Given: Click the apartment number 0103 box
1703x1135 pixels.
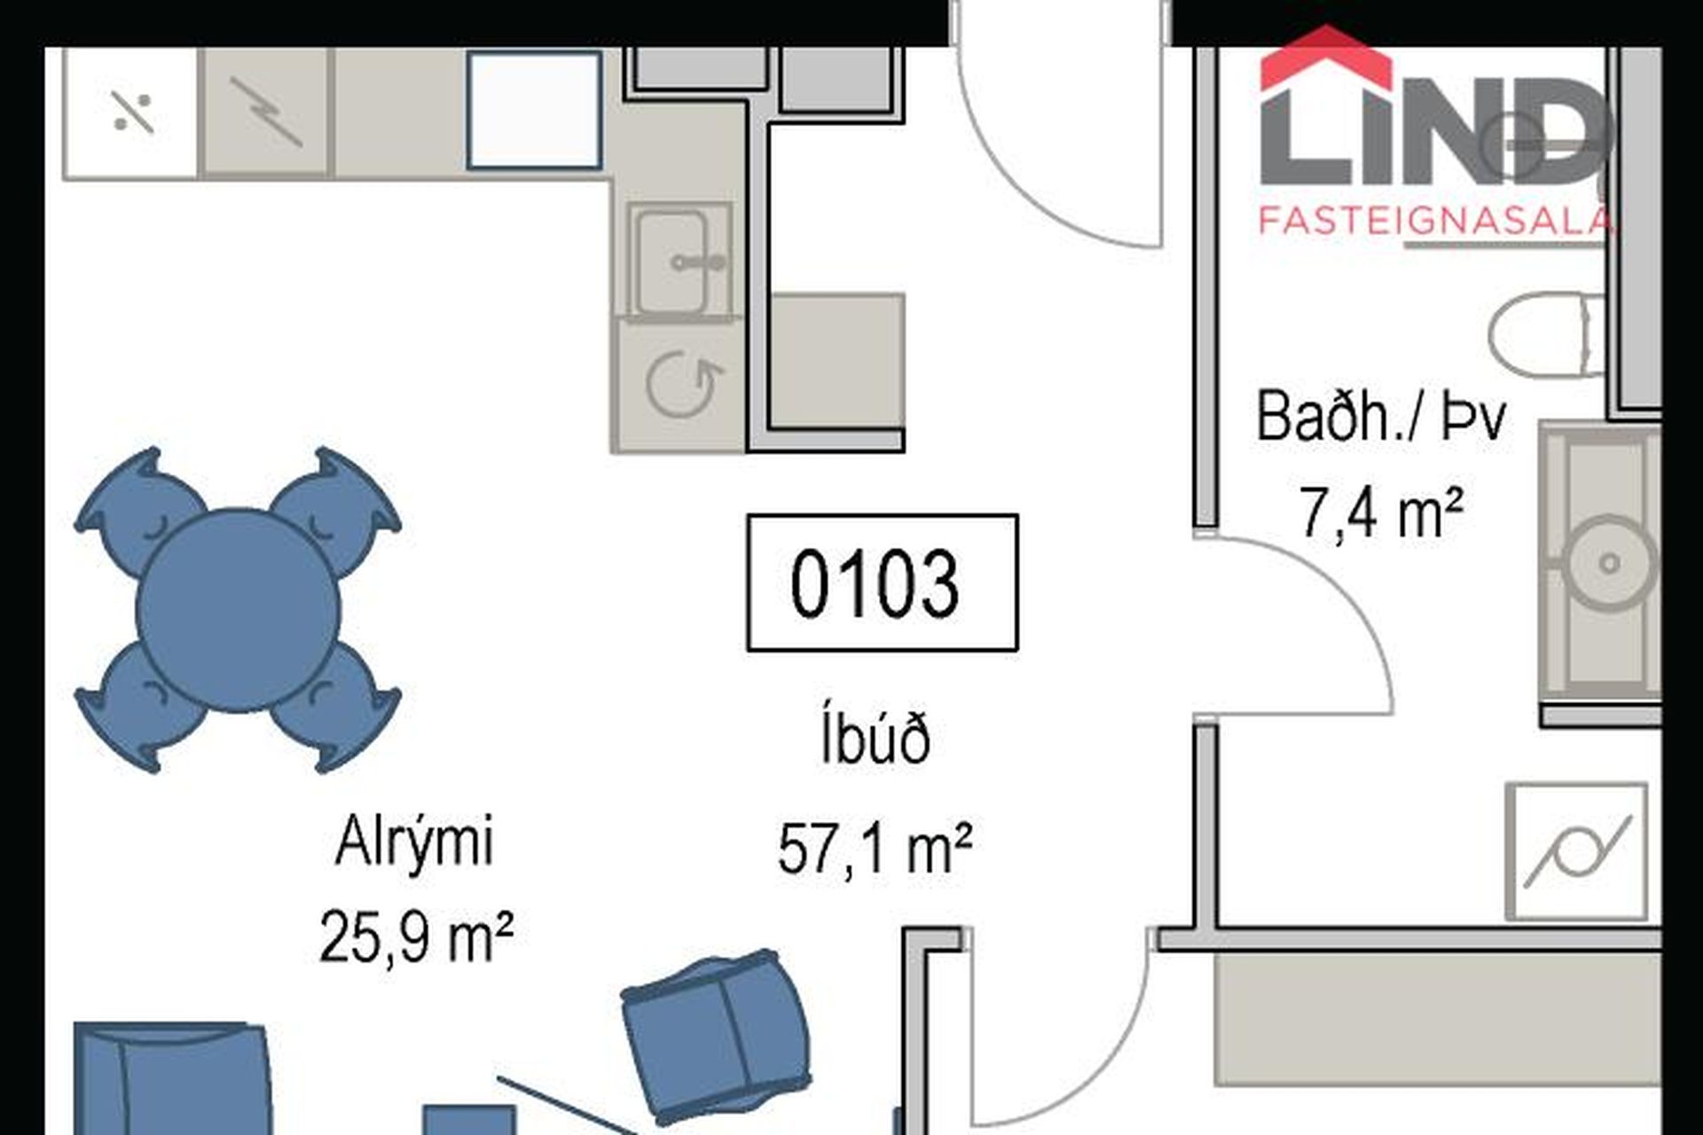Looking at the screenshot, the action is tap(883, 583).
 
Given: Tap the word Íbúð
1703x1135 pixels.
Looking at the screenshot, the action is tap(875, 740).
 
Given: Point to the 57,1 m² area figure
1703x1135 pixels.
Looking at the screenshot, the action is tap(875, 849).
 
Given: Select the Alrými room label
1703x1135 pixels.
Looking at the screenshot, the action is tap(414, 843).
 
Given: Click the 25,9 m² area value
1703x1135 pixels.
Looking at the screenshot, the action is tap(416, 937).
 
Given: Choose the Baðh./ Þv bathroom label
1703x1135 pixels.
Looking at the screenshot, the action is tap(1380, 416).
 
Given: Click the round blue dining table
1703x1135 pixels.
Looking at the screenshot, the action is tap(238, 610).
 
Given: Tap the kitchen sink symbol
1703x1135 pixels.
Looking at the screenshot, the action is tap(681, 261).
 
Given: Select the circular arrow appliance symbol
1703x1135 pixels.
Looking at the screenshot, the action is tap(681, 385).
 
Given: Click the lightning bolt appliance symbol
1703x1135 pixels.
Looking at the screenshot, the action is tap(266, 112).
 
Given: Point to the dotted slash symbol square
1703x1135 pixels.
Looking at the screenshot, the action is tap(132, 113).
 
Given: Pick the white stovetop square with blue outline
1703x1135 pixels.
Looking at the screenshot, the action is tap(535, 110).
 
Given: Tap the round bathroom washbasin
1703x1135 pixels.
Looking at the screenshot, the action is tap(1609, 563).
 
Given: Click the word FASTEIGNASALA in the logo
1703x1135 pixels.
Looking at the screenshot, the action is tap(1435, 220).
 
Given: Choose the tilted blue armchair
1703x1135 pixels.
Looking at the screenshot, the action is tap(715, 1034).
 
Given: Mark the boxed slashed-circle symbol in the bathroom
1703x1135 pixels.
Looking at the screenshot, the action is tap(1577, 852).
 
